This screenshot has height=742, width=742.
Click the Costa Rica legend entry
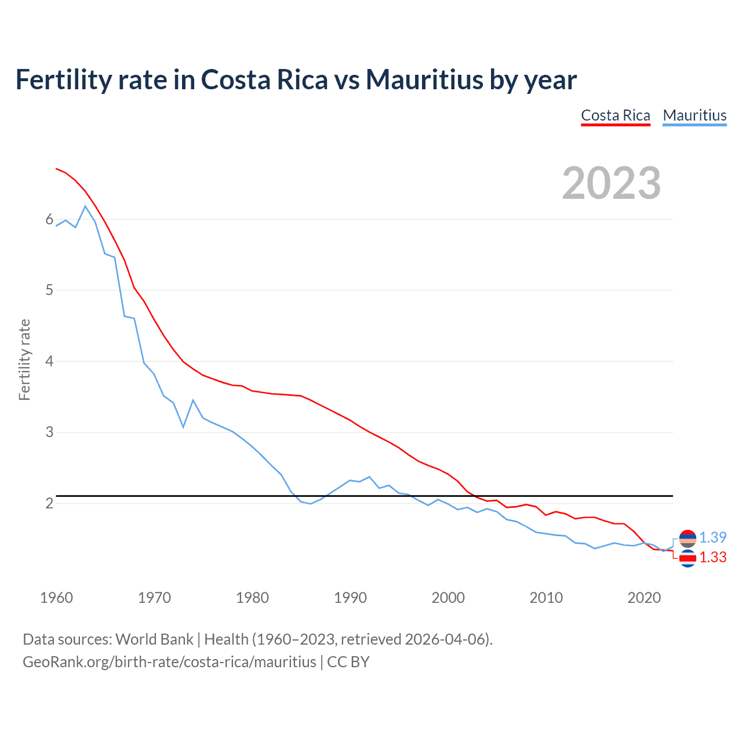coord(615,115)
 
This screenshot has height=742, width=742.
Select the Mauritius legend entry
coord(694,115)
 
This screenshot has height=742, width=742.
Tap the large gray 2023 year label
coord(611,183)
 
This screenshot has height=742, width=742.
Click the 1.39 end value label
coord(712,537)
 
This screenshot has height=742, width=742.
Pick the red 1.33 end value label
coord(712,557)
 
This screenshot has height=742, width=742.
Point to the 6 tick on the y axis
coord(49,219)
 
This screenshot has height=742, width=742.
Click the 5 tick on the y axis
coord(49,290)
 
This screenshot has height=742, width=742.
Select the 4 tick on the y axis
coord(49,361)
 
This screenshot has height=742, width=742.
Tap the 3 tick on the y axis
coord(49,432)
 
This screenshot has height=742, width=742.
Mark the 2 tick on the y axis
coord(49,503)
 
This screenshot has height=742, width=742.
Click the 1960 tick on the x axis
coord(56,598)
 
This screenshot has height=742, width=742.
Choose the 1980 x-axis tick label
coord(252,598)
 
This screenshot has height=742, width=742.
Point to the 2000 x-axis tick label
coord(448,598)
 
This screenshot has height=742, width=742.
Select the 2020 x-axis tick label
coord(644,598)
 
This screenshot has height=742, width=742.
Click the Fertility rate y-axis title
coord(24,359)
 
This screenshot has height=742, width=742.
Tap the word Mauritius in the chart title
coord(424,79)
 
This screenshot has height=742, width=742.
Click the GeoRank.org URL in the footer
coord(169,662)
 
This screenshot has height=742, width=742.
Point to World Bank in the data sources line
coord(154,639)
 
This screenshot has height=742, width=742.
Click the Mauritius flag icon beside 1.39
coord(688,539)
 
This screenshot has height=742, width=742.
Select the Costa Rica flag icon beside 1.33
coord(688,558)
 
